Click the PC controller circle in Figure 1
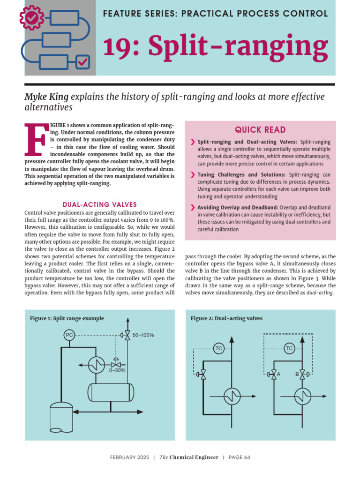click(69, 335)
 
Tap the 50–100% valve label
click(143, 335)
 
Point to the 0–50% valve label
click(117, 370)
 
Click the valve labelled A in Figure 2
click(273, 374)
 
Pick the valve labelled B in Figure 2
click(302, 374)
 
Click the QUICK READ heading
click(260, 130)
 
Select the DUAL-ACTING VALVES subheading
click(99, 204)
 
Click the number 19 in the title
click(114, 47)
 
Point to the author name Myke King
click(46, 97)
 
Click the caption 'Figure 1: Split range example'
click(67, 318)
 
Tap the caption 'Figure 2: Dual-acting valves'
click(226, 318)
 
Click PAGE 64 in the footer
click(239, 457)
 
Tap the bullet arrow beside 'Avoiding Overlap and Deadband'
click(193, 208)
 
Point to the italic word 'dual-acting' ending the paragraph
click(320, 292)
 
